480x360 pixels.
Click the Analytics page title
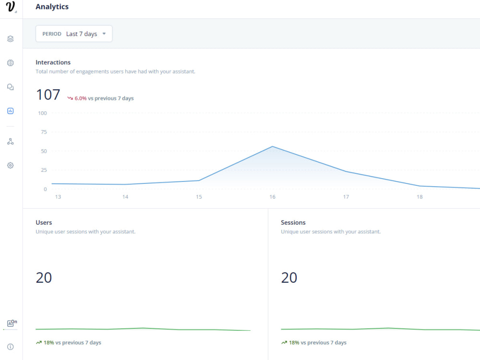point(52,7)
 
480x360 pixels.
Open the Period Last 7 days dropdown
point(74,34)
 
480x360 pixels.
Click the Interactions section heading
point(53,62)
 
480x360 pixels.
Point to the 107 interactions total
point(48,95)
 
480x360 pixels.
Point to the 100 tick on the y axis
point(42,113)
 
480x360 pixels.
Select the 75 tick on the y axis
point(44,132)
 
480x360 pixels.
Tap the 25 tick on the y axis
point(44,170)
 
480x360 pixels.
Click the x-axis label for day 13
point(58,197)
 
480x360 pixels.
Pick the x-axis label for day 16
point(272,197)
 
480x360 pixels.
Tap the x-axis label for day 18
point(420,197)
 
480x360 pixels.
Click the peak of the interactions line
point(272,146)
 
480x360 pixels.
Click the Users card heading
point(44,223)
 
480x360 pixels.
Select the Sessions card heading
point(293,223)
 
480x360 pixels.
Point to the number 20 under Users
point(44,277)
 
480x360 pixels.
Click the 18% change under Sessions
point(294,343)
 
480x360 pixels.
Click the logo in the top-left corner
point(11,8)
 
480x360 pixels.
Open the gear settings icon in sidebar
point(11,165)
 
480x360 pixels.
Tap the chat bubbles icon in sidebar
point(11,87)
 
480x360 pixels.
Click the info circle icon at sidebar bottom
point(11,347)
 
